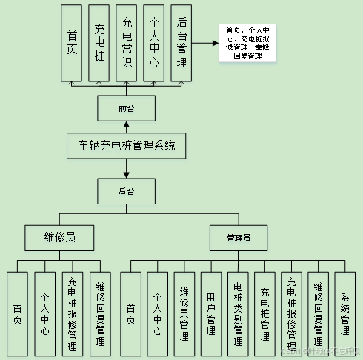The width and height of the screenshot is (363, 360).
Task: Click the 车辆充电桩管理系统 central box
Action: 127,146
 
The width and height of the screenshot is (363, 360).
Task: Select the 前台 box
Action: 127,109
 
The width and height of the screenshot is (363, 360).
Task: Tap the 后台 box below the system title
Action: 127,191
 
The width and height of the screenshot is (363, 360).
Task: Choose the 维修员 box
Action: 59,237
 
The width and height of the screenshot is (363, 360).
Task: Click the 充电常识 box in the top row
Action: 127,42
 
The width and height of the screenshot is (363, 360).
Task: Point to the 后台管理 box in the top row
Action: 181,42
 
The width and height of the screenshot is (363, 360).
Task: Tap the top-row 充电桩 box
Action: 99,42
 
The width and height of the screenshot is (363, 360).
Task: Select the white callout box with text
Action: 247,42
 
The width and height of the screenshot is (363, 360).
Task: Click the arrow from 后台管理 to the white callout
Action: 205,42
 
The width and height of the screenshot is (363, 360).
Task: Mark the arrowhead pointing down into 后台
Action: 127,176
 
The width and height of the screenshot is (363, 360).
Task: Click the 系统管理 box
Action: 344,310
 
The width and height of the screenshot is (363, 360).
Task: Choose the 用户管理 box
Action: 211,310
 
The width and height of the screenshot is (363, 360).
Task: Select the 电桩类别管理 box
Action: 238,310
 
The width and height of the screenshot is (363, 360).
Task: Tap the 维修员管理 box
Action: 184,310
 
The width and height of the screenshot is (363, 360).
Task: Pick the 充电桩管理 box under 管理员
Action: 264,310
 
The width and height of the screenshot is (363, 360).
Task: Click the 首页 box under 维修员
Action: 17,310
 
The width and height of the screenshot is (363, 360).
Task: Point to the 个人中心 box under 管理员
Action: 158,310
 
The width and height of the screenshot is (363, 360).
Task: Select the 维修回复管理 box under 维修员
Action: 100,310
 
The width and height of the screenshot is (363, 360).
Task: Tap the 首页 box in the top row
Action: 72,42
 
